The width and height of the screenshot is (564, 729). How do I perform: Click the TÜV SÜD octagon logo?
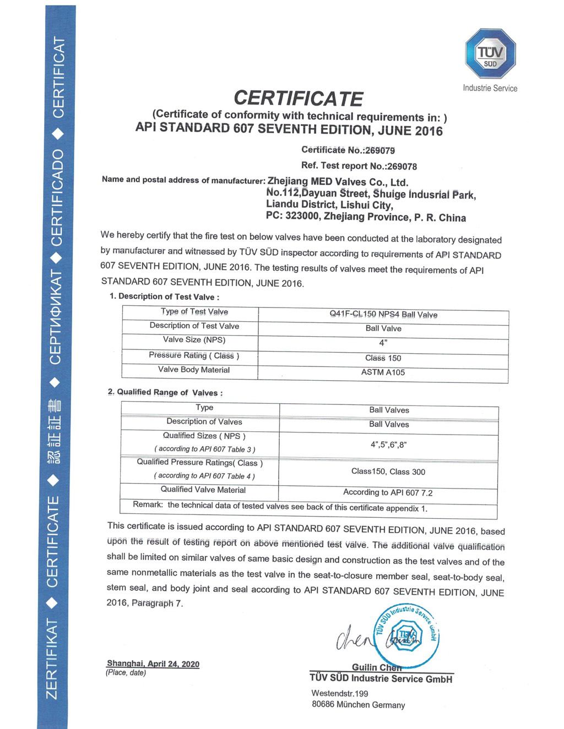(x=490, y=53)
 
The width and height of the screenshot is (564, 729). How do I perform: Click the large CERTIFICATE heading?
(x=299, y=98)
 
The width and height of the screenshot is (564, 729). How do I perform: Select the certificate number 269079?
(x=379, y=150)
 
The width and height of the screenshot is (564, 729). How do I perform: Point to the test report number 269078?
(x=402, y=166)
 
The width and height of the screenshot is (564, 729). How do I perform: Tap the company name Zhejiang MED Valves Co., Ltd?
(x=338, y=182)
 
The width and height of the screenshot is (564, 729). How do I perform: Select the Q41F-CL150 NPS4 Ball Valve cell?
(x=383, y=315)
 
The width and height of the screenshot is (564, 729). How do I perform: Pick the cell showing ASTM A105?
(x=383, y=372)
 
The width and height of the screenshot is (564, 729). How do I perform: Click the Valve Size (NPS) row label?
(x=194, y=340)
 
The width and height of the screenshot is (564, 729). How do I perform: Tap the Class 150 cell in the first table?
(x=383, y=358)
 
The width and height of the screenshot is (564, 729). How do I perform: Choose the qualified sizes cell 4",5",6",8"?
(x=388, y=445)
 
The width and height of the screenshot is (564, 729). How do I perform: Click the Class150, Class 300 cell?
(x=388, y=472)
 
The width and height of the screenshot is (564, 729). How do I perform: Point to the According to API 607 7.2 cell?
(x=388, y=492)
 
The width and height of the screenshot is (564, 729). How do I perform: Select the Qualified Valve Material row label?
(x=203, y=490)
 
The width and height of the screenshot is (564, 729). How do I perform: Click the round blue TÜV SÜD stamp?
(x=407, y=636)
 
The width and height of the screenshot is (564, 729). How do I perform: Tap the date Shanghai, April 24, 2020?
(x=153, y=664)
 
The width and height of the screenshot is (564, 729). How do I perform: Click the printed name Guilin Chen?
(x=377, y=667)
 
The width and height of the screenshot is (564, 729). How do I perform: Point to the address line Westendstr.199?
(x=340, y=693)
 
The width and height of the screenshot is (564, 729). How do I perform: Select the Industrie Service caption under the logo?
(x=490, y=88)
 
